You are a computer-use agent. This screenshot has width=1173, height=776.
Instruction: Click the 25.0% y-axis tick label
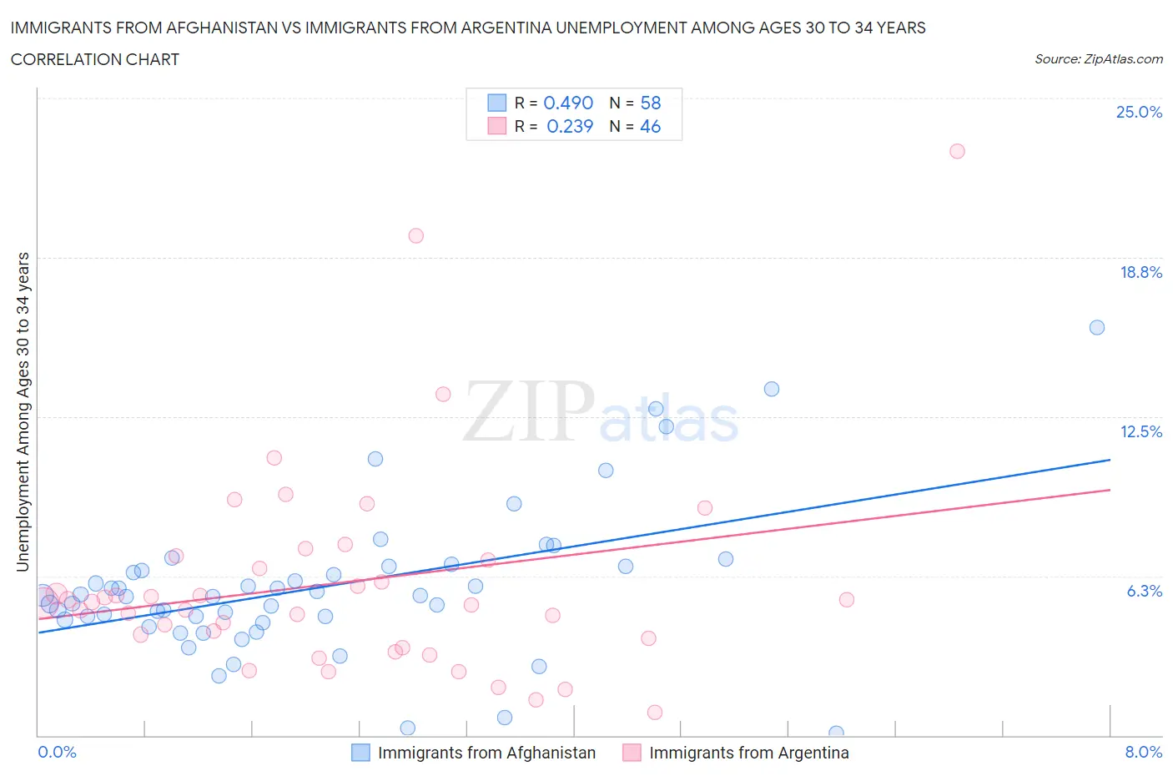1139,112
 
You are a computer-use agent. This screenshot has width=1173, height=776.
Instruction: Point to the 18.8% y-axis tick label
1140,272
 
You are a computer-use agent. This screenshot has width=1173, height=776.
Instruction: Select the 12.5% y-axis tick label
1140,431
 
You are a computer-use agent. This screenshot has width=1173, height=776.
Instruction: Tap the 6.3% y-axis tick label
1144,591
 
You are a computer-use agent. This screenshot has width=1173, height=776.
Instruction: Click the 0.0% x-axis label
58,752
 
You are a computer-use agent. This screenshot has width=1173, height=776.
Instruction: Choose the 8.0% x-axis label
1143,752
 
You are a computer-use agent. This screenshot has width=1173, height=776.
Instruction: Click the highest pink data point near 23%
957,151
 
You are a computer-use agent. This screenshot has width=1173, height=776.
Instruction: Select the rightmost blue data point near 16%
1097,327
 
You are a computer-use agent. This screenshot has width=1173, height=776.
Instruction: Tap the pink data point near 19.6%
415,235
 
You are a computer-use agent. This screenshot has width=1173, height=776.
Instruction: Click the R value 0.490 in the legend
568,103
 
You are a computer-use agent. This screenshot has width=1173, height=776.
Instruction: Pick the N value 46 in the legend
650,126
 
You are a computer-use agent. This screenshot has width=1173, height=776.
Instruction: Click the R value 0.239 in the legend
570,126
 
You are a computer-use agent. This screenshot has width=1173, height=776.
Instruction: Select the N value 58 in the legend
650,103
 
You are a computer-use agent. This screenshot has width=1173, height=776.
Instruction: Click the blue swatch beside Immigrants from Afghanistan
360,753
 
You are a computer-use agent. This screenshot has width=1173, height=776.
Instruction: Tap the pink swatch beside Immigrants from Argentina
632,753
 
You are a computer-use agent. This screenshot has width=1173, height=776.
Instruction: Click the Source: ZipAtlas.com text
1098,59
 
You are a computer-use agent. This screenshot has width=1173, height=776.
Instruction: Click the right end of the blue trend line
1110,460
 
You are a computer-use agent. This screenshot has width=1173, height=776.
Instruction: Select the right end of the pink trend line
1110,490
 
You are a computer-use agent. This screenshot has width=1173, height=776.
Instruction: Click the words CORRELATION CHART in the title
95,59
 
